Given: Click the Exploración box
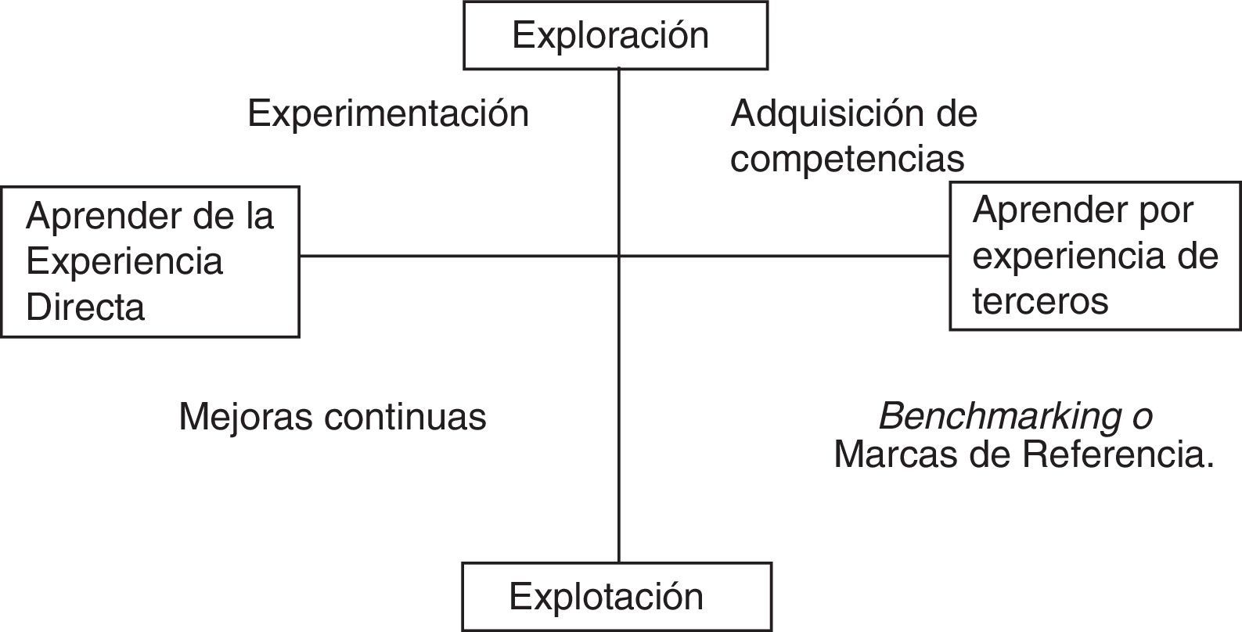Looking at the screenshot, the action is click(615, 35).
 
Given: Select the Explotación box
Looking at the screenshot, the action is click(617, 596).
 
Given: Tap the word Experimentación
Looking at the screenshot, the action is click(388, 114).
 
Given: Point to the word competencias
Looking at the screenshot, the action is click(848, 159).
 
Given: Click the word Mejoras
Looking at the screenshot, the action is click(246, 417).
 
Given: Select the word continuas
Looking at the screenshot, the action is click(405, 417).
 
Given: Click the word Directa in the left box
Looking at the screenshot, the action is click(85, 307).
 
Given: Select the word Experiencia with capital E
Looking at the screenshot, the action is click(124, 261).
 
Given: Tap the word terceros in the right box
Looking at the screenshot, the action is click(1040, 300).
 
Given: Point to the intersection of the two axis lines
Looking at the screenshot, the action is click(619, 256).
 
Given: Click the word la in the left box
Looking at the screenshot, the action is click(258, 216).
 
